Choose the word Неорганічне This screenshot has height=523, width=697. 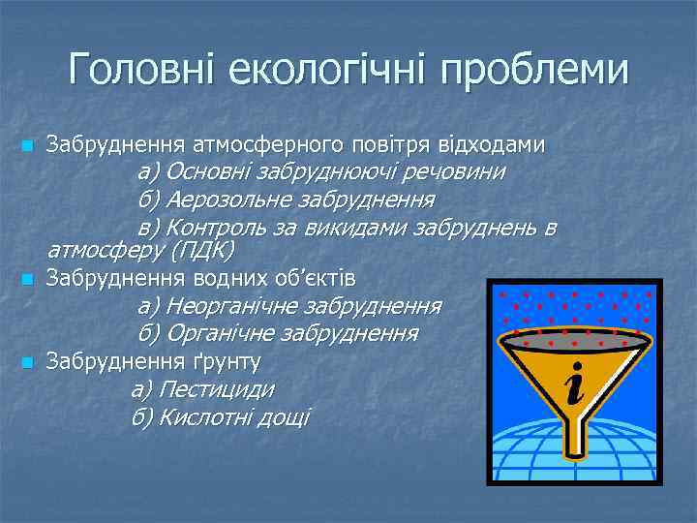pyautogui.click(x=232, y=307)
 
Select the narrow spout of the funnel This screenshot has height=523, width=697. pyautogui.click(x=577, y=432)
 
